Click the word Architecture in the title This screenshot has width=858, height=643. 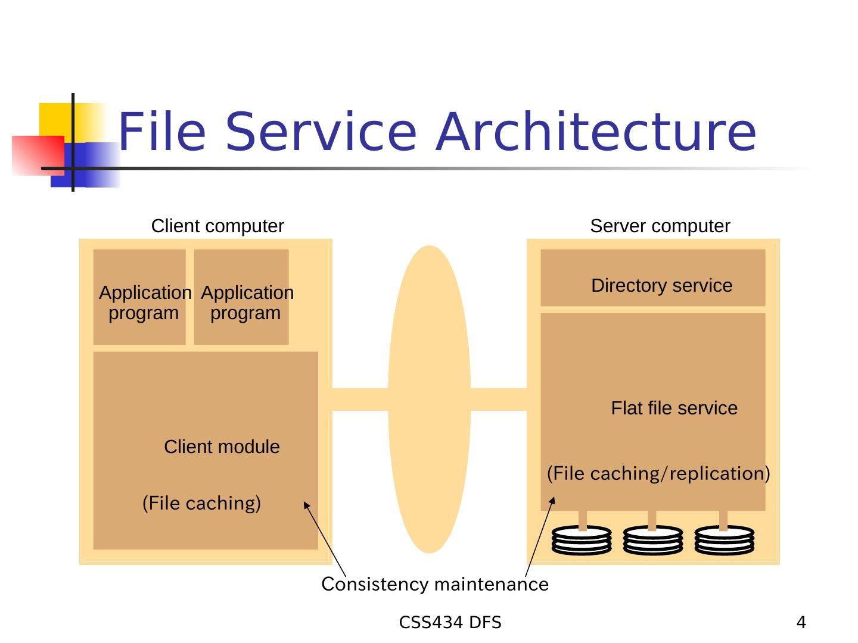(596, 132)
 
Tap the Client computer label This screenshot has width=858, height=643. (217, 226)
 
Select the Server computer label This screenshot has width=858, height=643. (660, 226)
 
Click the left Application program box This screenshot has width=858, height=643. (140, 298)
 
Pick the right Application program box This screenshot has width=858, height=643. (242, 298)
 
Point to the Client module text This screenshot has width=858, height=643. (222, 447)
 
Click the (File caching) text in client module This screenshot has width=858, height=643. (201, 504)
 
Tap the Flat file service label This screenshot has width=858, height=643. (674, 408)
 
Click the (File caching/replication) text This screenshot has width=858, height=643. (658, 474)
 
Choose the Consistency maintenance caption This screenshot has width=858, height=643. (434, 585)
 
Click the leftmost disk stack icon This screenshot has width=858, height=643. (582, 540)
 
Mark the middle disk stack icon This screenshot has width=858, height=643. (653, 540)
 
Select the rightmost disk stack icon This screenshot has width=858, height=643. (724, 540)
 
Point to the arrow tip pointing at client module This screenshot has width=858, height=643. (306, 504)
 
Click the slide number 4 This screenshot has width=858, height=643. (801, 623)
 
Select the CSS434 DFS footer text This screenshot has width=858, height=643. (450, 623)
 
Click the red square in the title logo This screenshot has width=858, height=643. (37, 155)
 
